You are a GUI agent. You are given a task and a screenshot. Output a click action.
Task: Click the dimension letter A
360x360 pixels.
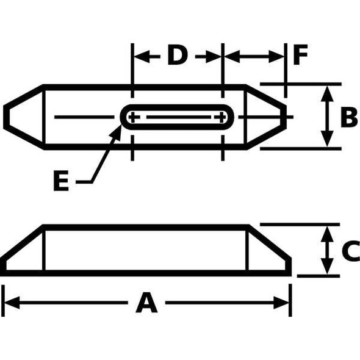(146, 303)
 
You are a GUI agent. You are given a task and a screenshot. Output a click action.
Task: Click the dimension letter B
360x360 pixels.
(348, 117)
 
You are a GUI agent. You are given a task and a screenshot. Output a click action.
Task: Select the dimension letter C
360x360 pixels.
(350, 251)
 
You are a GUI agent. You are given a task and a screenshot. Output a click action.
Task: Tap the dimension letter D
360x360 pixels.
(177, 56)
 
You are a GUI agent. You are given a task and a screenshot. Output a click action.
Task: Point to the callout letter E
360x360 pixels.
(61, 181)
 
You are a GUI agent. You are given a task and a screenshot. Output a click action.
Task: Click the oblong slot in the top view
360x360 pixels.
(178, 117)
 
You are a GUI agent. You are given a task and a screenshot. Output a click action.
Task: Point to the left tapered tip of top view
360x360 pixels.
(22, 116)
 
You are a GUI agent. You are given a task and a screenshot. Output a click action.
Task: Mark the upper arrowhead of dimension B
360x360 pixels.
(328, 92)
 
